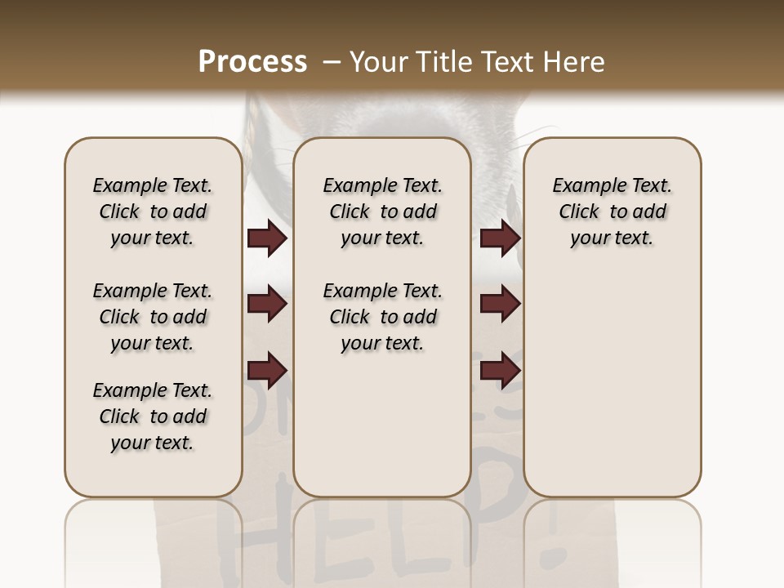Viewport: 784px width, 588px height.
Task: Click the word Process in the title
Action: (252, 62)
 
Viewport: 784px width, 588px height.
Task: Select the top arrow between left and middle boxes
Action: (267, 238)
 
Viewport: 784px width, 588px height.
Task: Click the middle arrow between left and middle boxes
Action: (267, 305)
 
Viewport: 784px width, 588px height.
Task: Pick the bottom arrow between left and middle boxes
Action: (267, 370)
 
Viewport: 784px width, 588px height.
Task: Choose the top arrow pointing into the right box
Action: (500, 238)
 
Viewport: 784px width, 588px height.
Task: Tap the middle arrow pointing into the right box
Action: (500, 305)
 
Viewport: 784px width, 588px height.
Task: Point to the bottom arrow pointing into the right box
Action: (500, 370)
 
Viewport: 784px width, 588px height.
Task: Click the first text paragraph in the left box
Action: (153, 212)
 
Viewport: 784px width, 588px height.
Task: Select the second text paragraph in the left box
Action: (153, 317)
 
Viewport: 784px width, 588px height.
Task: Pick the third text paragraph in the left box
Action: (153, 416)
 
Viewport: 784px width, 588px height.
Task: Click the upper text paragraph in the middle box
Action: (382, 212)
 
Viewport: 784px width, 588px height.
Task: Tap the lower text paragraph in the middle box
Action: (382, 317)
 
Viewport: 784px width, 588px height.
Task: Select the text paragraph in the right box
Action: (612, 212)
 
